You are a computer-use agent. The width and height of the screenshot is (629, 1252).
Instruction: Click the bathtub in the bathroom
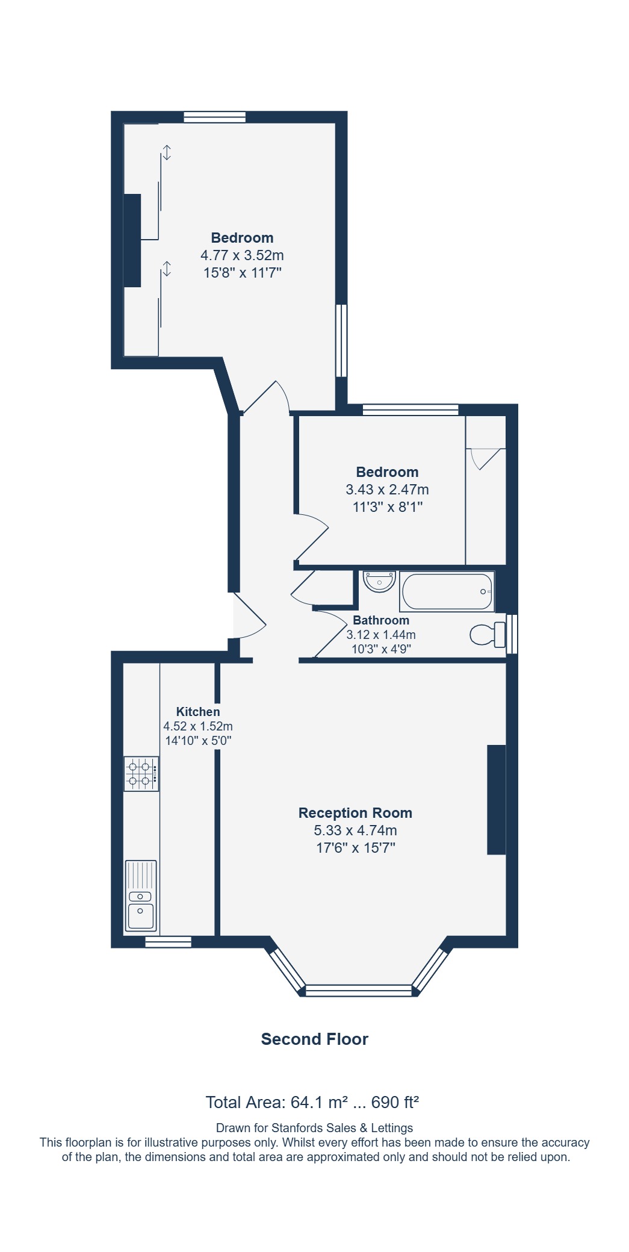coord(447,591)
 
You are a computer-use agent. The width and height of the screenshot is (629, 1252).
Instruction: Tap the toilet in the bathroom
coord(488,635)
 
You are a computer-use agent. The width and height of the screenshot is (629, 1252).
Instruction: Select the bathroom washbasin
coord(379,582)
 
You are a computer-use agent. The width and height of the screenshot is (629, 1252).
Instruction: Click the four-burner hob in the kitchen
coord(141,774)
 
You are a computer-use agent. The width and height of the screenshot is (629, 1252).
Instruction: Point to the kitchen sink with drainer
coord(141,895)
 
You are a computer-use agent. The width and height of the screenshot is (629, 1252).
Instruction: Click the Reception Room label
coord(355,813)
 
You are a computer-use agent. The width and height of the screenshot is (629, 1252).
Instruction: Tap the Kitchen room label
coord(198,712)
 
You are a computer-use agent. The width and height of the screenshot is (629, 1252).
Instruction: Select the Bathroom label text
coord(381,620)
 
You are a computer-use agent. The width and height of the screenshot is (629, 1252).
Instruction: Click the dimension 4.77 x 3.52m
coord(242,255)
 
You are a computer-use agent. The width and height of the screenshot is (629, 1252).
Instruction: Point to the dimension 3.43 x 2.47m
coord(387,490)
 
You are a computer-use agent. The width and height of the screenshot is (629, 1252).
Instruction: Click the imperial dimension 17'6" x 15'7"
coord(355,848)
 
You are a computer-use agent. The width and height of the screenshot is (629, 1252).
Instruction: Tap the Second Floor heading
coord(314,1039)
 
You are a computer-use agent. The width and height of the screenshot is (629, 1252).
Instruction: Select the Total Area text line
coord(312,1103)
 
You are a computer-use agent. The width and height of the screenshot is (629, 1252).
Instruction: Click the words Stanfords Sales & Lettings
coord(342,1128)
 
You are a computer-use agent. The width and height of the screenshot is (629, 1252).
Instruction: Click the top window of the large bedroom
coord(215,117)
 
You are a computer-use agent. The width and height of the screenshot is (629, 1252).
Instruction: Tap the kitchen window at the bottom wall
coord(169,942)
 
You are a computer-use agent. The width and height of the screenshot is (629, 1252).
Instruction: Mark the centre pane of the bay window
coord(359,990)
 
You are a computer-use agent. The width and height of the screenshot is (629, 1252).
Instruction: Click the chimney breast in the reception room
coord(497,800)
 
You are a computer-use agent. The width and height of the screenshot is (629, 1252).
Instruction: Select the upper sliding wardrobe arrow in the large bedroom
coord(167,152)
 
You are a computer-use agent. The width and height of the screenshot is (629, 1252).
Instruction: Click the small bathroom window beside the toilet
coord(512,634)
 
